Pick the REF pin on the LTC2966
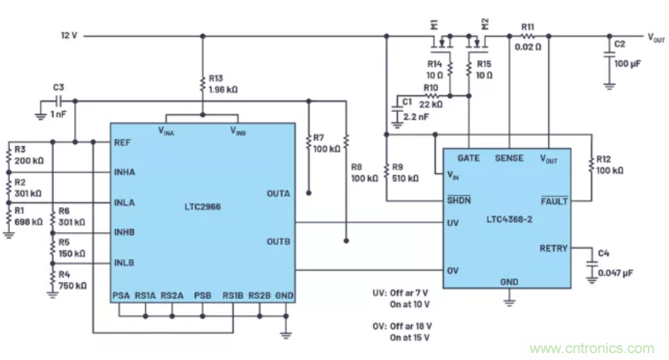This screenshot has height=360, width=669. tap(123, 141)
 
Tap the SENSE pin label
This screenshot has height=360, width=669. tap(509, 158)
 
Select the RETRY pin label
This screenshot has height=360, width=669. tap(553, 248)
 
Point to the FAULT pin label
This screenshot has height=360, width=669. tap(553, 200)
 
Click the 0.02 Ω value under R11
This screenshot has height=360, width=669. tap(527, 48)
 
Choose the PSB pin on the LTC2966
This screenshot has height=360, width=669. tap(202, 295)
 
